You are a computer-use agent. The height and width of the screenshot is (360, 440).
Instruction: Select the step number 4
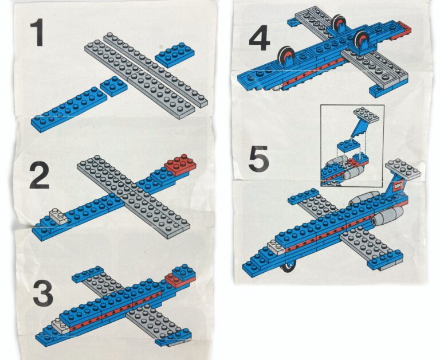click(260, 37)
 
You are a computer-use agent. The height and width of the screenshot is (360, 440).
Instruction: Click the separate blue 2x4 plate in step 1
click(175, 55)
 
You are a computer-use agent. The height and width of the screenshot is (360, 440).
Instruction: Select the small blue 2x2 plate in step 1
click(113, 86)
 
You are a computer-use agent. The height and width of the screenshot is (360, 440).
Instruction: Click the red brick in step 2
click(180, 165)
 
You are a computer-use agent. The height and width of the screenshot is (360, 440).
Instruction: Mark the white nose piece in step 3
click(61, 327)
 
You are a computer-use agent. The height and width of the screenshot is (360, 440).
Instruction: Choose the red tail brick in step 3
click(175, 279)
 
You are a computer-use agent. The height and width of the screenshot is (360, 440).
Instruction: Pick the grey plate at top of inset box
click(366, 115)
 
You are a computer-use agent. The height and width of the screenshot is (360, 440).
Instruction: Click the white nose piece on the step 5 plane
click(276, 248)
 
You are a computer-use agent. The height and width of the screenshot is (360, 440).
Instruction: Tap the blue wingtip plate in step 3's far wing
click(88, 274)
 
